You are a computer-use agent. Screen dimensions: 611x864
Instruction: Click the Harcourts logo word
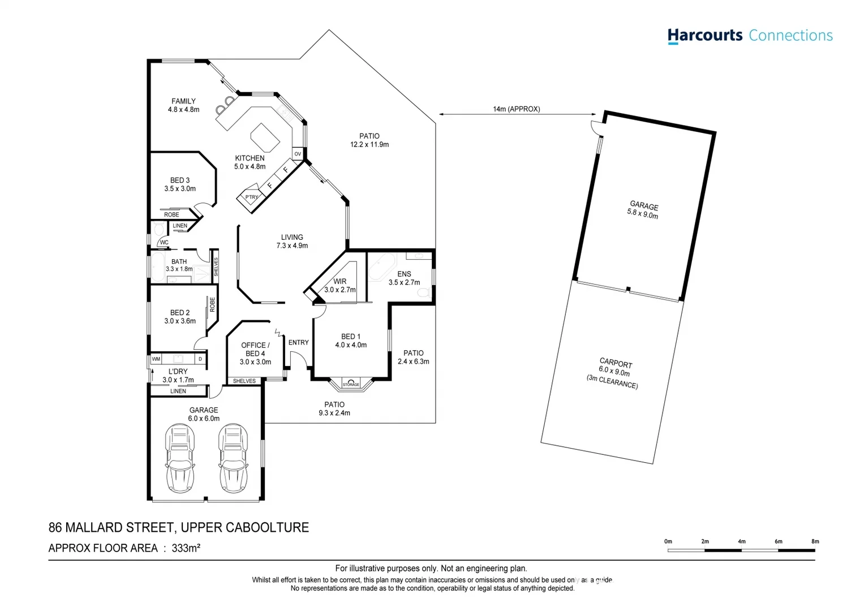point(704,35)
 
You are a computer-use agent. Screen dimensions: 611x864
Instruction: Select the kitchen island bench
point(265,136)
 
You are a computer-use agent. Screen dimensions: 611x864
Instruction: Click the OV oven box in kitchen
point(298,154)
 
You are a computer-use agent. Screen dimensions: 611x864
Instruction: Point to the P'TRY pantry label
point(251,197)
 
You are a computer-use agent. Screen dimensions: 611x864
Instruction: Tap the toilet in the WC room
point(158,229)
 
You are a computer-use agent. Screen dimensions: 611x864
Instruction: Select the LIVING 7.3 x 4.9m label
point(292,242)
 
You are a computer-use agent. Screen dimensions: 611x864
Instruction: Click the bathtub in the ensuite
point(382,268)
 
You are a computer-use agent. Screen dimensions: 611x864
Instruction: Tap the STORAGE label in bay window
point(351,384)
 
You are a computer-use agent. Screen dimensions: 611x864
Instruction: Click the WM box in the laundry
point(156,359)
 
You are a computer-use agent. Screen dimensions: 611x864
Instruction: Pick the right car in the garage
point(233,458)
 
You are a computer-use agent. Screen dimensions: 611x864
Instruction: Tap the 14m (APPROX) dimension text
point(516,109)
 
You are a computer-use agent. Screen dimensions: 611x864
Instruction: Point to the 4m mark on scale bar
point(741,541)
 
